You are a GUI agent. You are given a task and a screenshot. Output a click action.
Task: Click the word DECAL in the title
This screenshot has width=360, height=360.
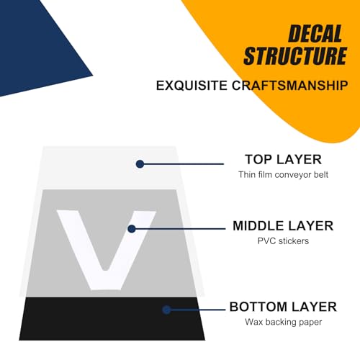coord(315,34)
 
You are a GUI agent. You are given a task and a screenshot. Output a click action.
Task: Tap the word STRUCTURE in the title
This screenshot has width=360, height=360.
coord(295,55)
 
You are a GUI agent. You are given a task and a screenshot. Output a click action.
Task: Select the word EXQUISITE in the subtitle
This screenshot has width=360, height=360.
coord(192,86)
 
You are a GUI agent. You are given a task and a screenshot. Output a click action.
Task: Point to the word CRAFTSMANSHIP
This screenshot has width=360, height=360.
coord(290,86)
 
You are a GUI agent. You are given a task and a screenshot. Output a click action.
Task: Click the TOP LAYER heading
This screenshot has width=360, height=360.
coord(283,160)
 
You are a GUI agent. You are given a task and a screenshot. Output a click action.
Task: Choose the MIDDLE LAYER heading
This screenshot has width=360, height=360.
coord(283,226)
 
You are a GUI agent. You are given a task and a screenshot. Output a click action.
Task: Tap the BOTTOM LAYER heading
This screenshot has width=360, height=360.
coord(283,307)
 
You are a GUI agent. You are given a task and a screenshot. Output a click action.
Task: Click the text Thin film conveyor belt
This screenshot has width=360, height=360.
coord(283,175)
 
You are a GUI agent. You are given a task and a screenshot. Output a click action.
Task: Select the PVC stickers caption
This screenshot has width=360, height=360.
coord(283,241)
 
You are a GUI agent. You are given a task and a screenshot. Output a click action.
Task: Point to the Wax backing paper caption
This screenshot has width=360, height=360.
coord(284,322)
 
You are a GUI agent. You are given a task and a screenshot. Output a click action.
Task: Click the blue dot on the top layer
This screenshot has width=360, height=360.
coord(140,164)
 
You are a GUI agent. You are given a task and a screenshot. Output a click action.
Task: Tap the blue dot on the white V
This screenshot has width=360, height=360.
coord(132,229)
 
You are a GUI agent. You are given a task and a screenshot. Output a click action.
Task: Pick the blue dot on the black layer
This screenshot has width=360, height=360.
coord(166,310)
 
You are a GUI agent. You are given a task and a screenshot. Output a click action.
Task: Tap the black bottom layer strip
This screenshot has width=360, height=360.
coord(112,319)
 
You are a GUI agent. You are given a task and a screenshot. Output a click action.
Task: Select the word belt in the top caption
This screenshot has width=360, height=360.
coord(321,174)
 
